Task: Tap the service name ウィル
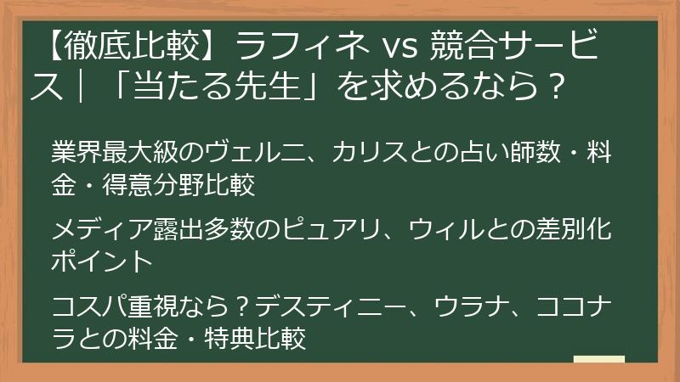[x=447, y=230]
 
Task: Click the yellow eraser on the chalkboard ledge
[x=598, y=360]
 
